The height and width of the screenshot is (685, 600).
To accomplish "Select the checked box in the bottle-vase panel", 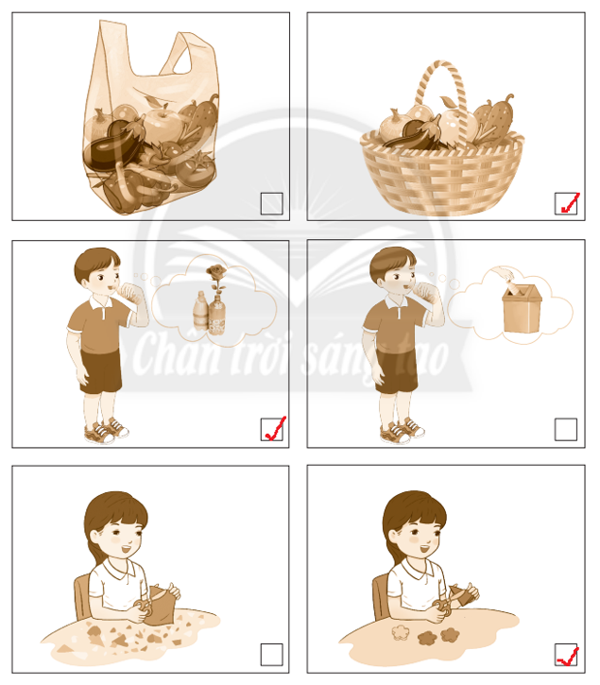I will click(x=271, y=429).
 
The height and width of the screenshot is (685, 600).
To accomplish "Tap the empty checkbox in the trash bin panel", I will click(x=566, y=429).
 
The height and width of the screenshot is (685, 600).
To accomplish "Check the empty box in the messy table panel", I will click(x=271, y=654).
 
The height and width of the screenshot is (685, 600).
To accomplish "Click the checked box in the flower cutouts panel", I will click(x=566, y=654).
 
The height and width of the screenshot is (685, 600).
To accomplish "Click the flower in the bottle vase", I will click(x=213, y=275).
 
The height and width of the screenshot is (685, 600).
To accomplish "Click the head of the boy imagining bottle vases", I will click(x=97, y=269).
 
